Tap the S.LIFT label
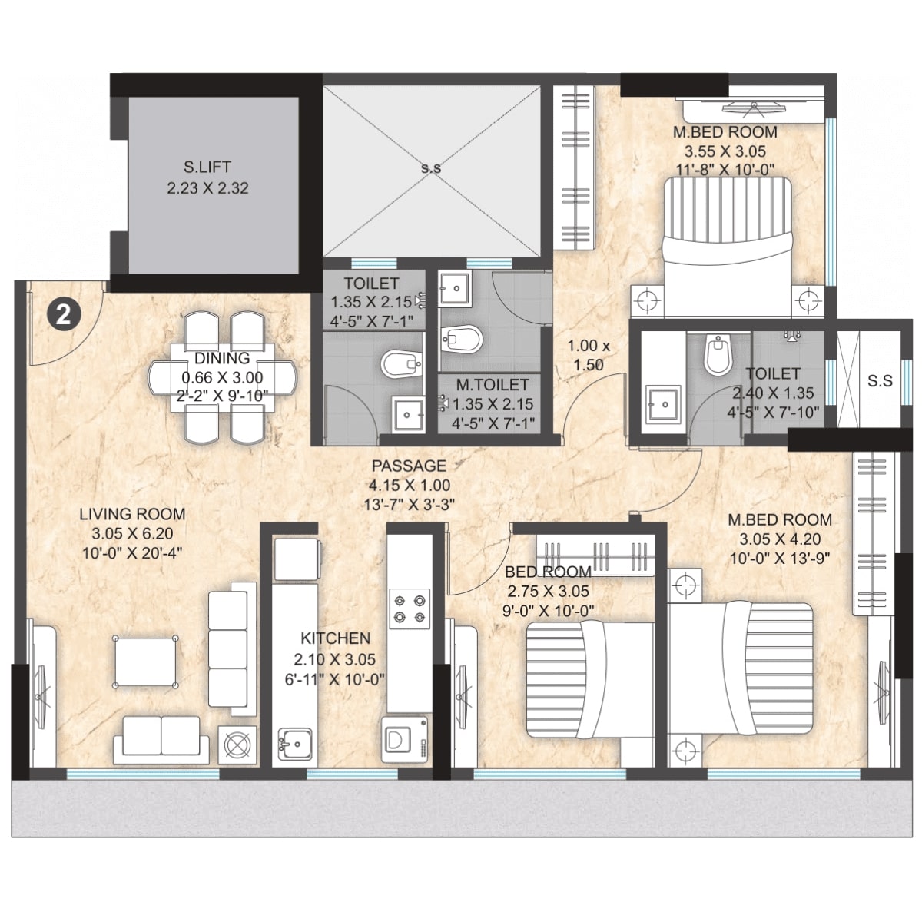click(207, 167)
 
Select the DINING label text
click(221, 358)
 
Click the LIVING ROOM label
click(133, 515)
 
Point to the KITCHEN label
click(335, 638)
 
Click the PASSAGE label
click(409, 466)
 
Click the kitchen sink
click(294, 743)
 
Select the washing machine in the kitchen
click(403, 739)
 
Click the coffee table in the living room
click(145, 661)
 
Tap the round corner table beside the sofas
click(237, 744)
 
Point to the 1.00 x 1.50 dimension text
click(589, 355)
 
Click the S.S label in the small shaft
click(880, 380)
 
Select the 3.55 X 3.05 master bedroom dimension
click(725, 151)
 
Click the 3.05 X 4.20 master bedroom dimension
click(780, 539)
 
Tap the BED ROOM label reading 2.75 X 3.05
click(548, 572)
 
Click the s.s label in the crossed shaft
click(431, 167)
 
